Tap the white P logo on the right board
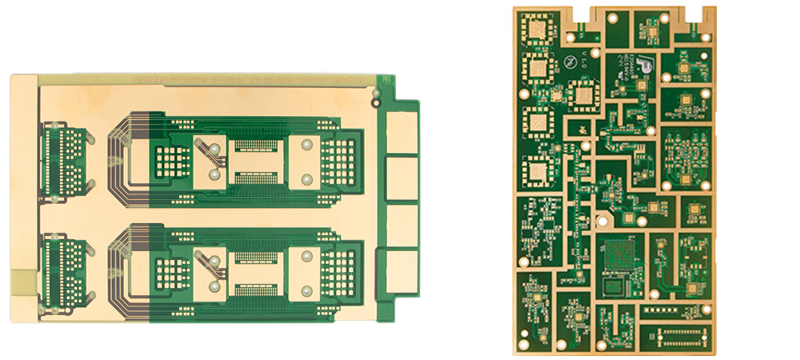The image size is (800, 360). click(645, 66)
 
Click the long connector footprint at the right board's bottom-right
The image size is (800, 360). click(677, 336)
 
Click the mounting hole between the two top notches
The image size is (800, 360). click(612, 17)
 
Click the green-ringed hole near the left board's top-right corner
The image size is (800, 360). click(376, 102)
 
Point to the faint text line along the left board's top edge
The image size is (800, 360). click(248, 81)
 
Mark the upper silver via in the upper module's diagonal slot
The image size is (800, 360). click(214, 150)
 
